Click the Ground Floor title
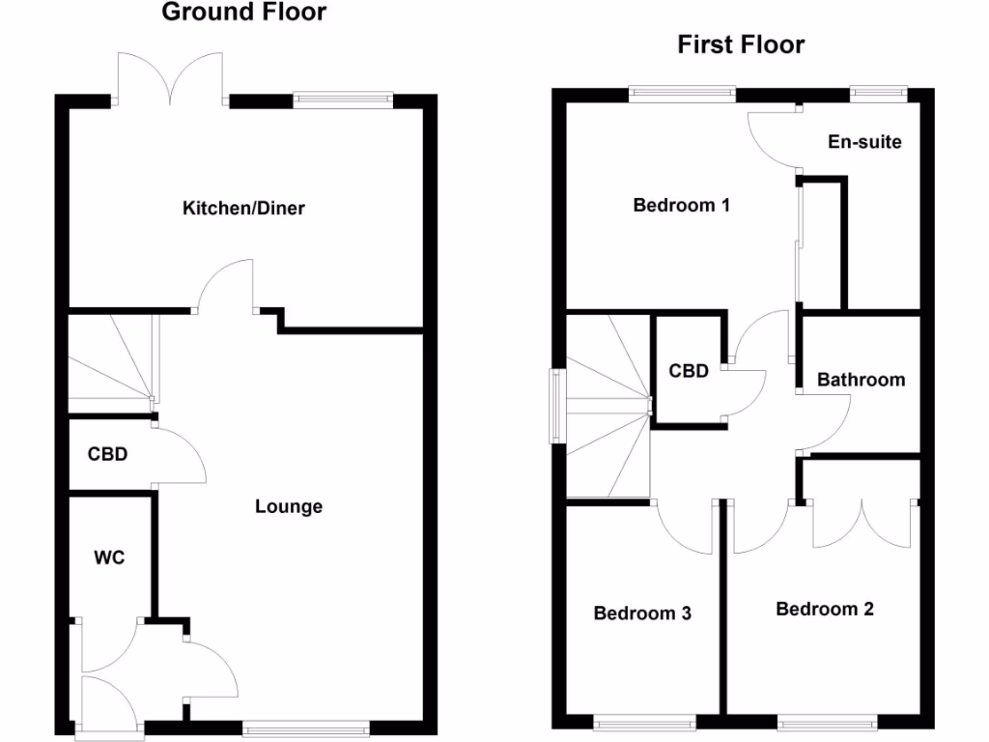(x=243, y=13)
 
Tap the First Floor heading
(x=741, y=44)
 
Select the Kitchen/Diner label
(x=244, y=208)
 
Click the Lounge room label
(x=289, y=506)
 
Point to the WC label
(x=109, y=557)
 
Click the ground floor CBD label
(x=107, y=453)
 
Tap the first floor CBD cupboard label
(x=689, y=370)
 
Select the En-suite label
(x=865, y=142)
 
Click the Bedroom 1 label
(x=681, y=205)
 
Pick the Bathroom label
(x=862, y=380)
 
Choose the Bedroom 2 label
(x=825, y=609)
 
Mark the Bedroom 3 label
(x=642, y=613)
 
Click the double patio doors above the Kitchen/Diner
(x=172, y=79)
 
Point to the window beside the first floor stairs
(x=557, y=406)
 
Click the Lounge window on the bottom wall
(x=306, y=729)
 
